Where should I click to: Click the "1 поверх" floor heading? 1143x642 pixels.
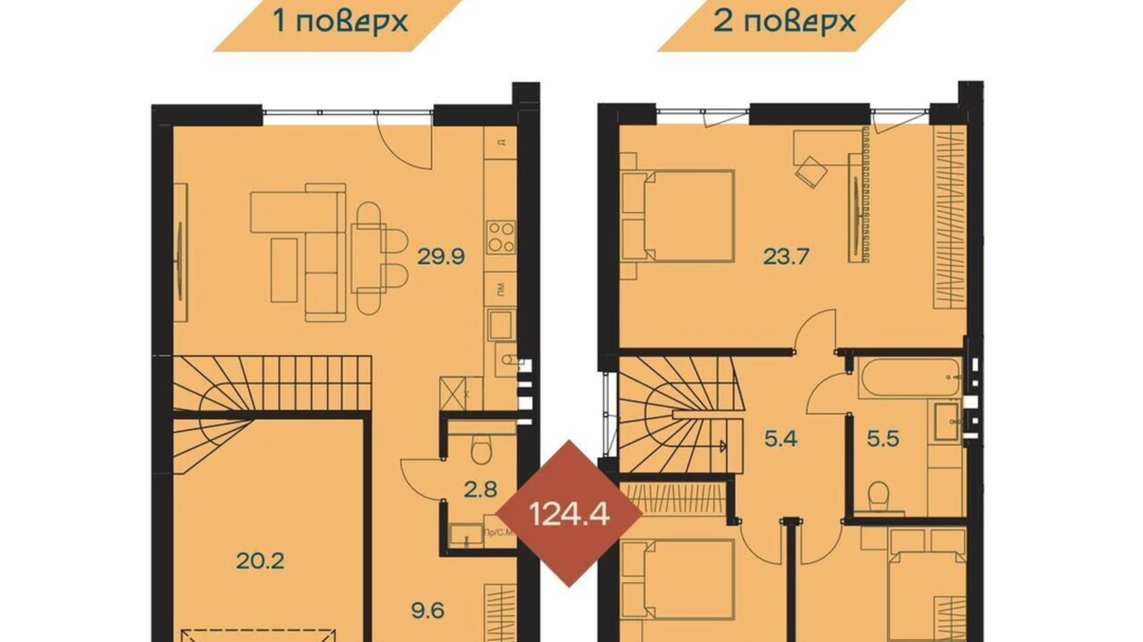[x=340, y=22]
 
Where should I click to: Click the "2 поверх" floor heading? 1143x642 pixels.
[x=784, y=22]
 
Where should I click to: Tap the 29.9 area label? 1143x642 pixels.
[x=441, y=256]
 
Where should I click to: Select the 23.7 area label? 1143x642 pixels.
[x=786, y=256]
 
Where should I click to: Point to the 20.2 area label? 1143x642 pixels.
[x=260, y=561]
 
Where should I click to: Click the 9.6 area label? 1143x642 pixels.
[x=428, y=611]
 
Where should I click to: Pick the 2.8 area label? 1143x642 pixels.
[x=481, y=490]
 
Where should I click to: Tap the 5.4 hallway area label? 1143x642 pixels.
[x=780, y=439]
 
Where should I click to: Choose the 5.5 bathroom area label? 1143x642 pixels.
[x=883, y=439]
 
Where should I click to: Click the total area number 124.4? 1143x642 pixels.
[x=569, y=514]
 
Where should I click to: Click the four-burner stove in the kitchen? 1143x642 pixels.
[x=500, y=237]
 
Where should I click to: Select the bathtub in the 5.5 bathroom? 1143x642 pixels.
[x=908, y=377]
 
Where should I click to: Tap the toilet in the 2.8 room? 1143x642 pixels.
[x=481, y=449]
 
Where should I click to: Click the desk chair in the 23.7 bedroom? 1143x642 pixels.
[x=811, y=170]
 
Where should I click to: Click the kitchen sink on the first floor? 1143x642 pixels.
[x=500, y=325]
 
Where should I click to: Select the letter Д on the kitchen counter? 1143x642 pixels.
[x=501, y=142]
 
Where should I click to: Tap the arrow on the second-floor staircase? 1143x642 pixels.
[x=722, y=446]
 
